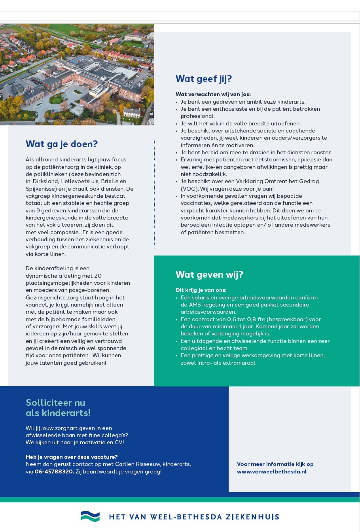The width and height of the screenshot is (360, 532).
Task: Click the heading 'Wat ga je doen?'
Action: [61, 144]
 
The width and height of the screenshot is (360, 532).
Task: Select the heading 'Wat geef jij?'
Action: [203, 79]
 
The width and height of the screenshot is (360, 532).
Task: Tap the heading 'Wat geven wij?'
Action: [209, 275]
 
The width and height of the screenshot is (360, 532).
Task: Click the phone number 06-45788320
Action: [54, 471]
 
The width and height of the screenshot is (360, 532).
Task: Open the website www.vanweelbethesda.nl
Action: [271, 471]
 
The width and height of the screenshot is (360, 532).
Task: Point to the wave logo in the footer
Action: [90, 516]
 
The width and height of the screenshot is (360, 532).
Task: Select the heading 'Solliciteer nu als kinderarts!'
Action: [58, 408]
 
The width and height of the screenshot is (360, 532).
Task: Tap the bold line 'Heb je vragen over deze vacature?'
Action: [72, 457]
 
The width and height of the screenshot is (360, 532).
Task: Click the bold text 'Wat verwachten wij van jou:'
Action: [213, 94]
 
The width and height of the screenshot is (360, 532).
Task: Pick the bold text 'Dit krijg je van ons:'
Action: [201, 290]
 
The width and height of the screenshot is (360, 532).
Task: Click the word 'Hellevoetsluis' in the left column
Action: [79, 181]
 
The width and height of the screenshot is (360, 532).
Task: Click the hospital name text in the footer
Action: [194, 517]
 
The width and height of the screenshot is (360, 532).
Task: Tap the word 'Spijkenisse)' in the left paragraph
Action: [41, 189]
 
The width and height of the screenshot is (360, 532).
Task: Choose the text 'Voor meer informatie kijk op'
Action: [275, 464]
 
